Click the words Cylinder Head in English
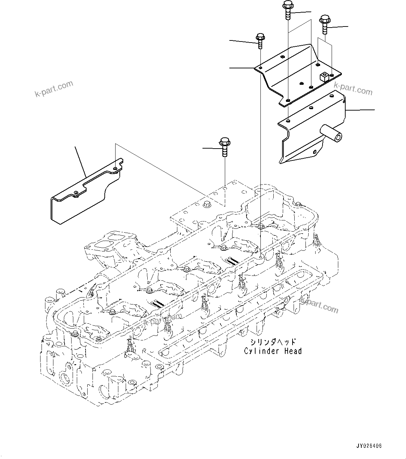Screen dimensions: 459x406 click(273, 351)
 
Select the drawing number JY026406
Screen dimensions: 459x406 click(369, 446)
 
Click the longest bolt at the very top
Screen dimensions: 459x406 click(288, 10)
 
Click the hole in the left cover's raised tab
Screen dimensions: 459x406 click(116, 168)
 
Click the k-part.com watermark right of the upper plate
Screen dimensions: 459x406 click(353, 88)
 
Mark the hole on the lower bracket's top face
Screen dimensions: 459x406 click(287, 121)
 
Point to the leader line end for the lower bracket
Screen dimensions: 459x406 click(374, 110)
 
